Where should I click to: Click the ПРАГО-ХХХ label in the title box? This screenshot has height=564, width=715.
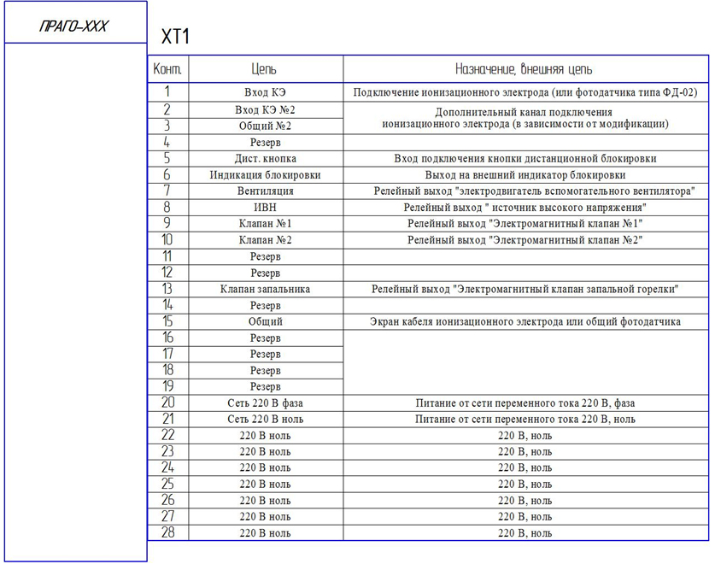73,26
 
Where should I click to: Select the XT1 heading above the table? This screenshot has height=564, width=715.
175,37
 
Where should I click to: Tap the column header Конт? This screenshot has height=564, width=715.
167,69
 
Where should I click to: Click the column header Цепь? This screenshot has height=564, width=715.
265,69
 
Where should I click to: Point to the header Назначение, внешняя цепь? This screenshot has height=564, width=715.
524,69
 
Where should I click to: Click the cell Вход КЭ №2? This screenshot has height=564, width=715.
265,110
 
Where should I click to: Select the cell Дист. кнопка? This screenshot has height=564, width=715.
265,159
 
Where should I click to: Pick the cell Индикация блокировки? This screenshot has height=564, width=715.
265,175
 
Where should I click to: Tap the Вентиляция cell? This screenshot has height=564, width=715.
265,191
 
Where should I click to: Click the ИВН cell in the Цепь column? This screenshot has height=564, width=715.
265,208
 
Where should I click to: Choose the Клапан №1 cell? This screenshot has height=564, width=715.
265,224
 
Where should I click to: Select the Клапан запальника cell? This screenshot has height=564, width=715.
265,290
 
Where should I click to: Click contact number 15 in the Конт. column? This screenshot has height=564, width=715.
167,322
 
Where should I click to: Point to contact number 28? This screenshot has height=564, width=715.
167,532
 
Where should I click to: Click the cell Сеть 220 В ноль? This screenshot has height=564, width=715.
265,420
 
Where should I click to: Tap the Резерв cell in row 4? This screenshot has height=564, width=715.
265,143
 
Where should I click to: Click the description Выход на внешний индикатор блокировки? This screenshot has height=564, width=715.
525,175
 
